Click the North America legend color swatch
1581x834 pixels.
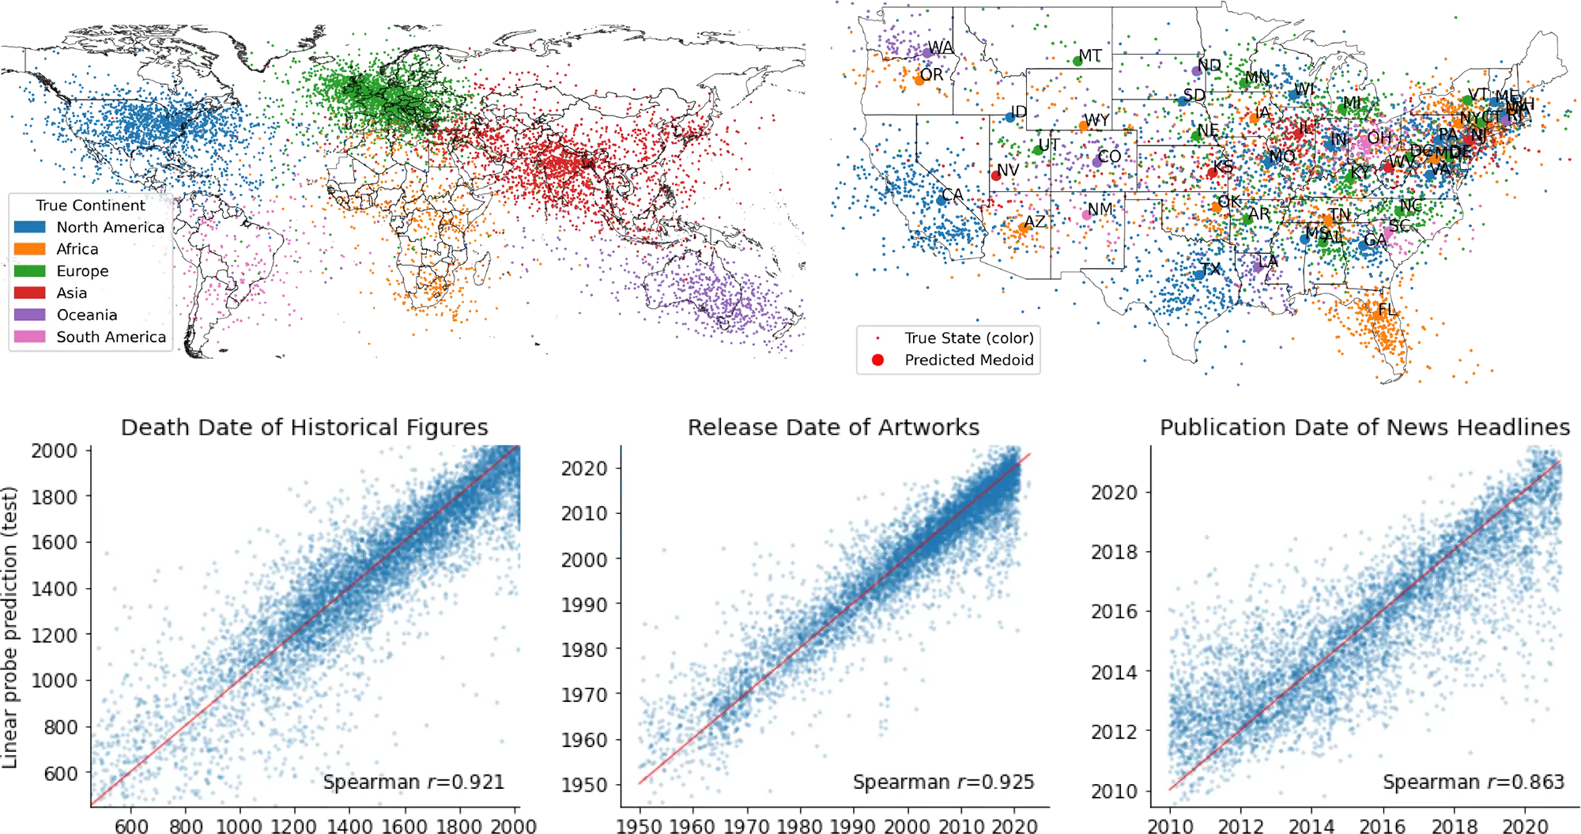click(29, 227)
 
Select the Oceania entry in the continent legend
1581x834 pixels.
click(86, 315)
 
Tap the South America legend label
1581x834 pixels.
click(111, 337)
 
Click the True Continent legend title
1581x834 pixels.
click(90, 206)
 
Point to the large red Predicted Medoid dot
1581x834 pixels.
click(877, 360)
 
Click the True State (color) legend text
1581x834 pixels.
click(968, 338)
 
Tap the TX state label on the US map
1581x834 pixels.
click(1210, 269)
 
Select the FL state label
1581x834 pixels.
click(1387, 309)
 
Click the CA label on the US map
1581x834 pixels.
click(953, 194)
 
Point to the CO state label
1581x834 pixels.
click(1109, 156)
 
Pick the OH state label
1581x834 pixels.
click(1379, 138)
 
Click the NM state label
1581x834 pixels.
click(1100, 209)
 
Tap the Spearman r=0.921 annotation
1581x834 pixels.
click(413, 782)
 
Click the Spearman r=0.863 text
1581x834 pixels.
click(1473, 782)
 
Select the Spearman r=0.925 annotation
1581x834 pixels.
click(943, 782)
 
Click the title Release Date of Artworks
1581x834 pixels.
click(833, 427)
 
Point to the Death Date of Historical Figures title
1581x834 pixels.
click(305, 427)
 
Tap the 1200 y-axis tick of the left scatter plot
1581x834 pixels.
click(55, 635)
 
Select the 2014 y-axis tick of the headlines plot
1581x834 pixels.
click(1114, 673)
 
